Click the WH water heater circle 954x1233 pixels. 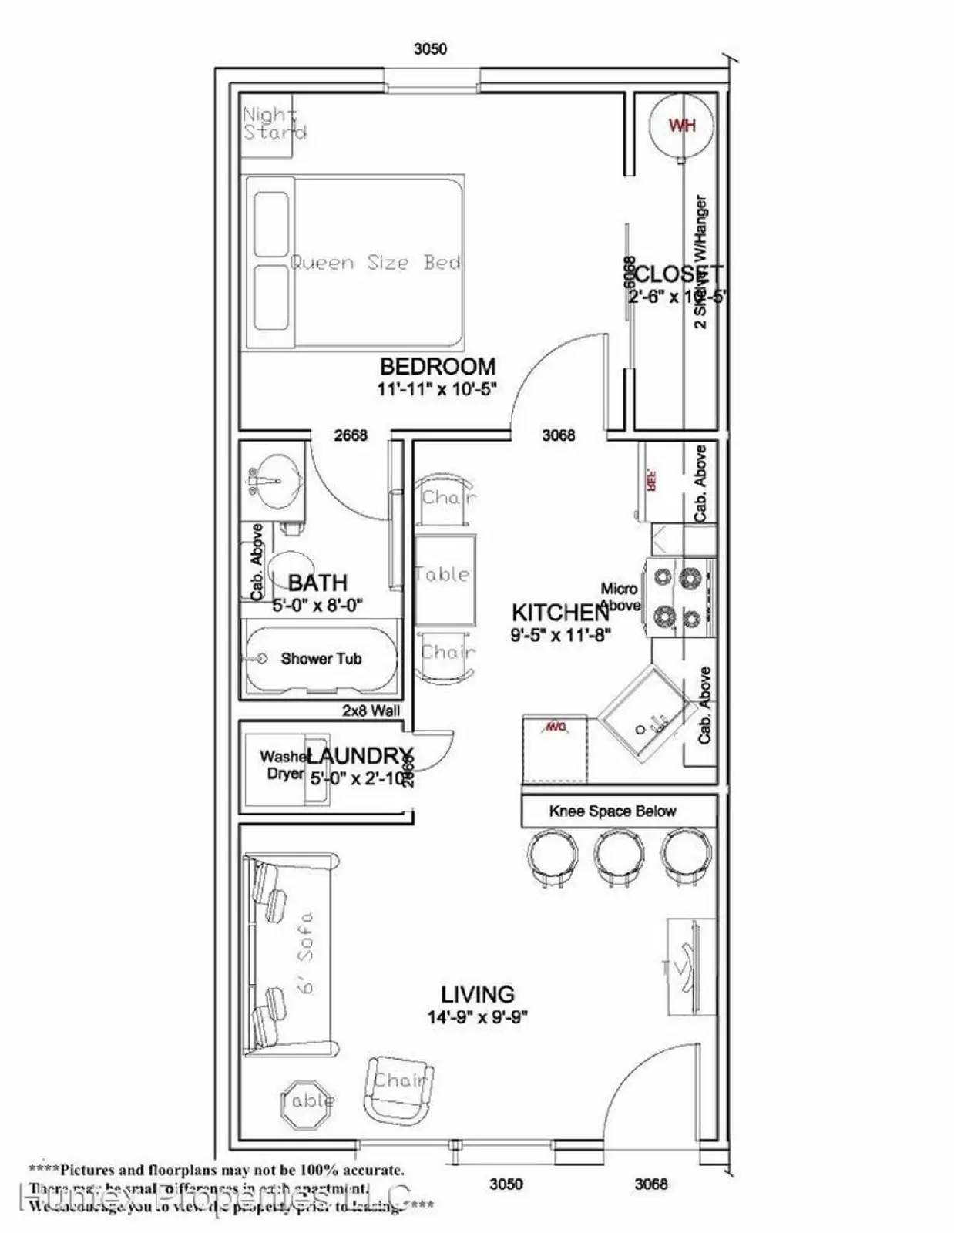point(680,126)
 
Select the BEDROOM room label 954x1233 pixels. point(437,366)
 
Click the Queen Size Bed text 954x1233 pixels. point(375,263)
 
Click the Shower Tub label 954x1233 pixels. point(321,659)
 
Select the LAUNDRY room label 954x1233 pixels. point(360,756)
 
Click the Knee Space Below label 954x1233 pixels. point(612,811)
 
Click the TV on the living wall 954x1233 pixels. point(684,967)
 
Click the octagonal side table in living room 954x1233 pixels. point(307,1100)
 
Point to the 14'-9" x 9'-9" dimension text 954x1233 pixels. point(477,1017)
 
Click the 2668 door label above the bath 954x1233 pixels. point(351,435)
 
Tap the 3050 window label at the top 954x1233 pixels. point(430,49)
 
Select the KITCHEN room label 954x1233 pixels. point(559,613)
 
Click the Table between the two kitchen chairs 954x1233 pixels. point(444,574)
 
